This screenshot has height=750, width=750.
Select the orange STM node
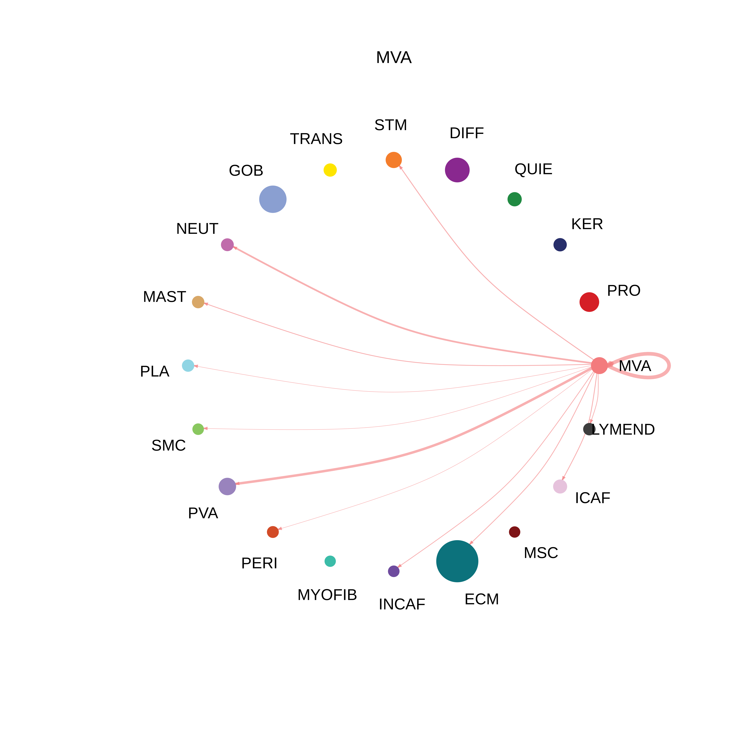click(394, 160)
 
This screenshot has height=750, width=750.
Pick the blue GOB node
click(273, 199)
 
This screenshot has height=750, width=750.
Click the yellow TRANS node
click(330, 170)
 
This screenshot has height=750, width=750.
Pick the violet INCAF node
click(394, 571)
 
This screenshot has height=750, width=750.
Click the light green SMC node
click(198, 429)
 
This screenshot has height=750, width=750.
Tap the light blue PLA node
click(188, 366)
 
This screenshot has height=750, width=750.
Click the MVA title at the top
click(394, 57)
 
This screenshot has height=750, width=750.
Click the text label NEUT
click(197, 229)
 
